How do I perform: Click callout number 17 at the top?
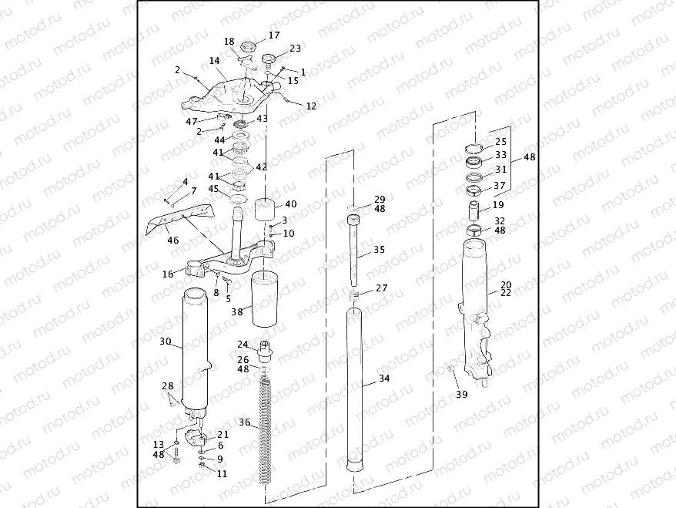point(274,35)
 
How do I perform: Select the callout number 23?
point(295,49)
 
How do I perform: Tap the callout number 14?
point(215,60)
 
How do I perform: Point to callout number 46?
point(173,241)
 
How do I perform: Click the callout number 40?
point(290,204)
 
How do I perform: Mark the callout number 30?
point(165,341)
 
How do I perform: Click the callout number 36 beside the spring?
point(244,422)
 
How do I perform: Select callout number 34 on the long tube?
point(385,378)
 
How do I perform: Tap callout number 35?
point(379,250)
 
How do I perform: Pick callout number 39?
point(461,395)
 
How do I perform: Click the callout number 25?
point(500,142)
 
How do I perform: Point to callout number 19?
point(498,205)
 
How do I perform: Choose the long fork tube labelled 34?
point(355,385)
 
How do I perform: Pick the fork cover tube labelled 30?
point(196,347)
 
